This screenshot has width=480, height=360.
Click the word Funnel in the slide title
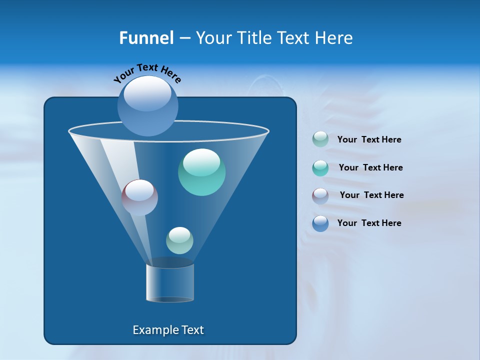pyautogui.click(x=146, y=38)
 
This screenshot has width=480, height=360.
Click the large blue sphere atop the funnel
pyautogui.click(x=147, y=105)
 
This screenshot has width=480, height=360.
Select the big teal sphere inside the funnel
pyautogui.click(x=201, y=172)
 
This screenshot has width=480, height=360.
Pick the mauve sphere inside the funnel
pyautogui.click(x=139, y=197)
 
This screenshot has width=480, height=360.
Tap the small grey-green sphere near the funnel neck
pyautogui.click(x=179, y=240)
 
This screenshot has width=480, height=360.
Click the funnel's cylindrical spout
pyautogui.click(x=170, y=282)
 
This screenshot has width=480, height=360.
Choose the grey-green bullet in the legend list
pyautogui.click(x=320, y=139)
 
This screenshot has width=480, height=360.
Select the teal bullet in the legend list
pyautogui.click(x=320, y=167)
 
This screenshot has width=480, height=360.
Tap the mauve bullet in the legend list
pyautogui.click(x=320, y=195)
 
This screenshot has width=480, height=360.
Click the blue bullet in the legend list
pyautogui.click(x=320, y=223)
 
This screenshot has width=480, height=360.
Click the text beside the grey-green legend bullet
pyautogui.click(x=369, y=140)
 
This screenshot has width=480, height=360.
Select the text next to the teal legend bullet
pyautogui.click(x=370, y=168)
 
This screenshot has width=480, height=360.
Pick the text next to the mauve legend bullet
pyautogui.click(x=371, y=195)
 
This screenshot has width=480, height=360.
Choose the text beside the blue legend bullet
pyautogui.click(x=369, y=223)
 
